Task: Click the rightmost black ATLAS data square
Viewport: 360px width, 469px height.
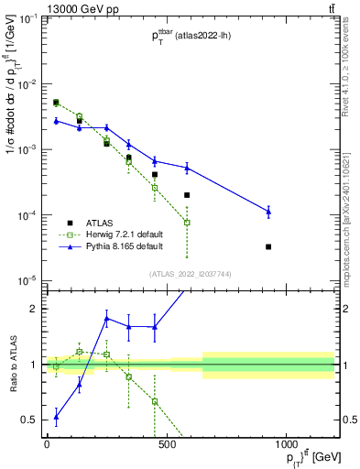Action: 268,246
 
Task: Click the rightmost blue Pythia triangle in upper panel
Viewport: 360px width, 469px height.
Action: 268,212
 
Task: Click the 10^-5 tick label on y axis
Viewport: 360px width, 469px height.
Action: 26,280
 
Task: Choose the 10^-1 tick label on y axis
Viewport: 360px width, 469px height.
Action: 26,19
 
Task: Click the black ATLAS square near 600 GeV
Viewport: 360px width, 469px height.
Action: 187,195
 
